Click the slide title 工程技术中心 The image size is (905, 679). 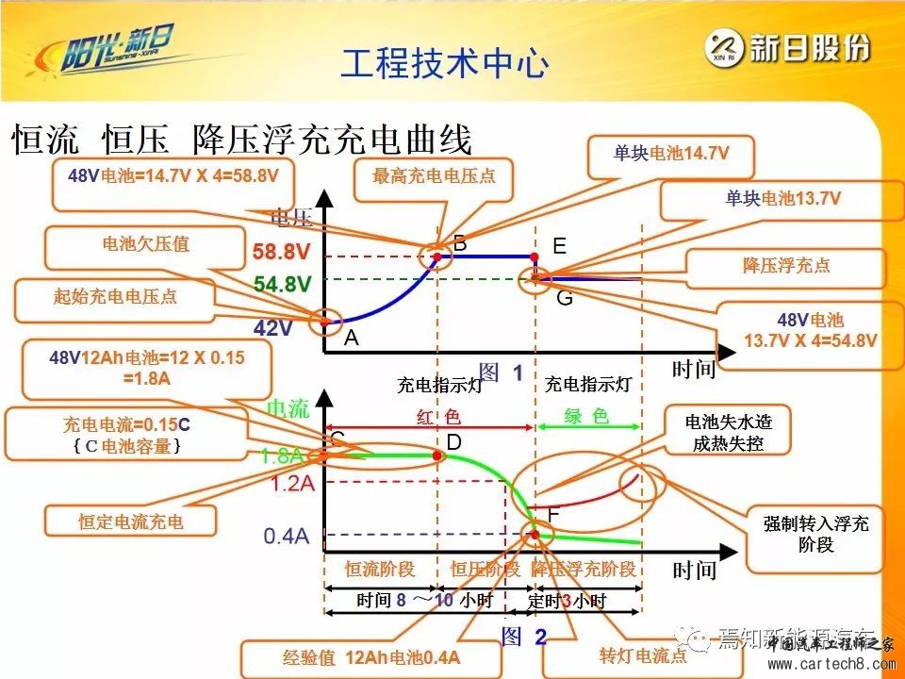tap(444, 64)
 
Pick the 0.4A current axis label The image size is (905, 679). tap(288, 536)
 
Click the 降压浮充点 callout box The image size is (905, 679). tap(786, 265)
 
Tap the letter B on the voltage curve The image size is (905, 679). tap(460, 244)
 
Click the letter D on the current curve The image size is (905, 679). tap(454, 442)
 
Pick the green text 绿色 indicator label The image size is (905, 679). tap(587, 416)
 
